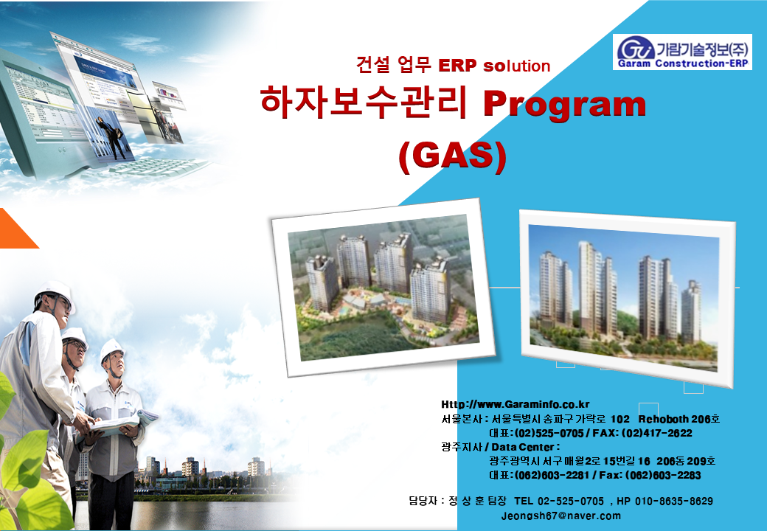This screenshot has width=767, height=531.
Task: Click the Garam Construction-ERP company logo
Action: point(682,52)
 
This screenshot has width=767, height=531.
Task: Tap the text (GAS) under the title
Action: point(453,156)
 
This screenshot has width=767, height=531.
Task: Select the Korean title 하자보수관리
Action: point(364,103)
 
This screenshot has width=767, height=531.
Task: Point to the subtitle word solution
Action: point(516,66)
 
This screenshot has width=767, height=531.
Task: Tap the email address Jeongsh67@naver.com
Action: point(561,516)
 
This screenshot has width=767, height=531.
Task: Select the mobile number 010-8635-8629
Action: point(673,502)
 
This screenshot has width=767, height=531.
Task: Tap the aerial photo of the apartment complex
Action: point(383,288)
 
